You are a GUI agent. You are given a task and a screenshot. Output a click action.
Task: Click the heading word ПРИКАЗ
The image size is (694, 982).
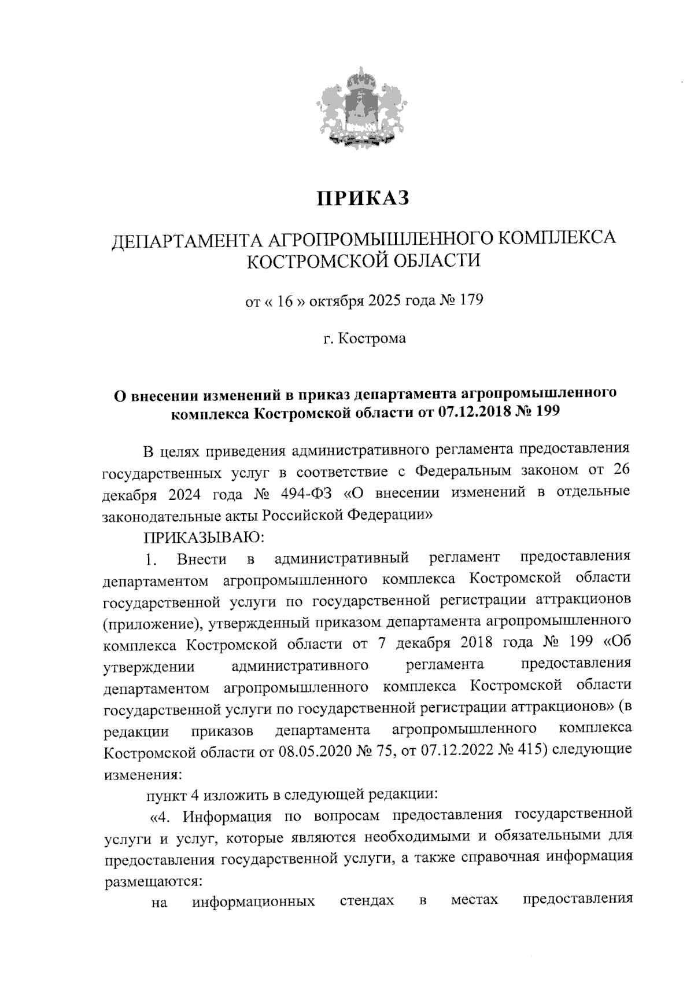[363, 198]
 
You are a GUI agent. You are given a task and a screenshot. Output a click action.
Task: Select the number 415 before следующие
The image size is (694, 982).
[534, 751]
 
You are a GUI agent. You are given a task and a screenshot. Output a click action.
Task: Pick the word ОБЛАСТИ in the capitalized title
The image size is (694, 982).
[436, 261]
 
